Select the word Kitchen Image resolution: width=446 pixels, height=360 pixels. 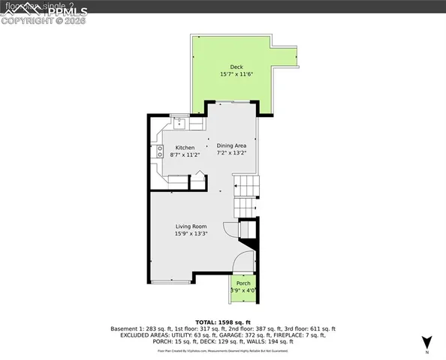185,148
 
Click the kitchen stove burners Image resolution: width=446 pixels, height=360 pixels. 160,151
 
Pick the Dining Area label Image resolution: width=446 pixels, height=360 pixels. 231,145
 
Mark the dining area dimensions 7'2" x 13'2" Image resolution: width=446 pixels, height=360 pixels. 231,153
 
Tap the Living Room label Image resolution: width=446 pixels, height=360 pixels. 191,226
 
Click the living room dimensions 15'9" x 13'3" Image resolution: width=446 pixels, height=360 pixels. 191,234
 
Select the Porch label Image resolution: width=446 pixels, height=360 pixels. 243,283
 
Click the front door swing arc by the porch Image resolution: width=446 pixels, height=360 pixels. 242,262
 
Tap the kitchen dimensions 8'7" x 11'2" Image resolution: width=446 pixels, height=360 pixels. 185,155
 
